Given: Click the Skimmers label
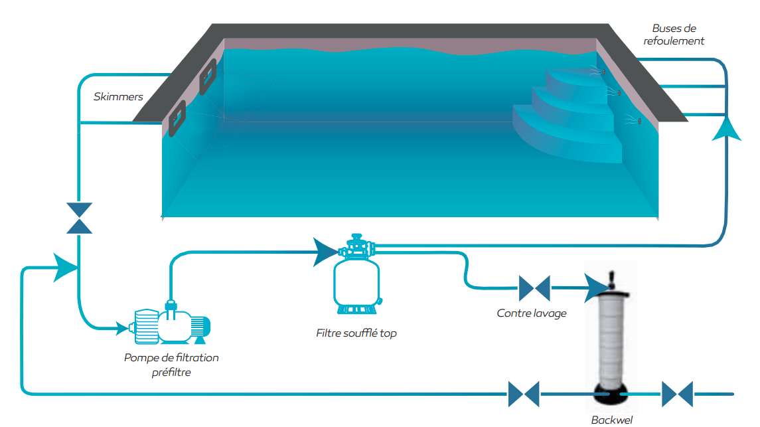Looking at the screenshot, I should click(x=118, y=97).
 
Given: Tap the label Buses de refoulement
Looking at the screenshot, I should click(x=674, y=35).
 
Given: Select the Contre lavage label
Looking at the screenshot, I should click(x=532, y=313).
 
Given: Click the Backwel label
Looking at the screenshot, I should click(x=611, y=419).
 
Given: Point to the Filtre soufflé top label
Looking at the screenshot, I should click(x=356, y=333).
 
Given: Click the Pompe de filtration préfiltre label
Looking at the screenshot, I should click(x=171, y=365).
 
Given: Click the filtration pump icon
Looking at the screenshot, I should click(x=173, y=325).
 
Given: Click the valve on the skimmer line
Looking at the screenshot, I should click(x=80, y=218).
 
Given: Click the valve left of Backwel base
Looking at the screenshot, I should click(x=524, y=394).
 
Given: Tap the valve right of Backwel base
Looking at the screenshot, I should click(x=677, y=394).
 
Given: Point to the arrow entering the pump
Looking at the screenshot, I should click(x=121, y=327).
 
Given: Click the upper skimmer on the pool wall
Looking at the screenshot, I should click(x=208, y=76).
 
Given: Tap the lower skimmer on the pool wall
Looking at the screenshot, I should click(x=177, y=118).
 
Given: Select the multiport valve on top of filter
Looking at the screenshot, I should click(x=356, y=247).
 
